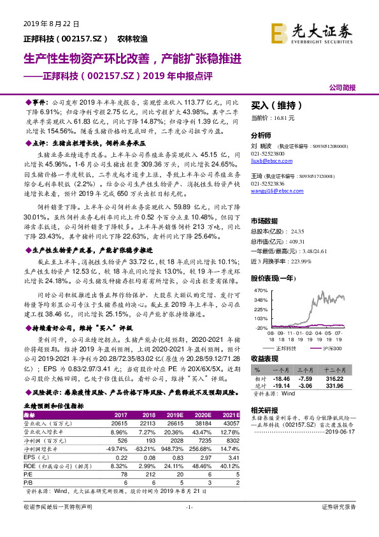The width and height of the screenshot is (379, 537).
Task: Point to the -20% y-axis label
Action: (261, 327)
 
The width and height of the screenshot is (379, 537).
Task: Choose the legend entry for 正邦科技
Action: (285, 349)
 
